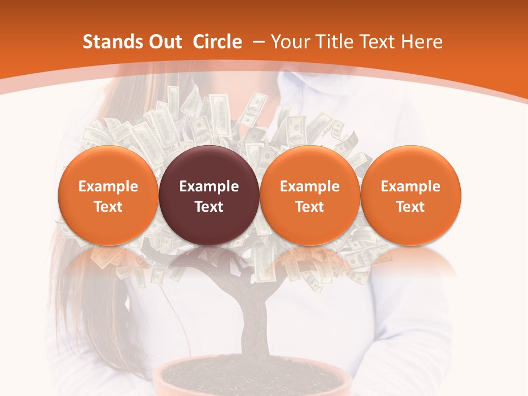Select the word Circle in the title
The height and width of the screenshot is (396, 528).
point(217,42)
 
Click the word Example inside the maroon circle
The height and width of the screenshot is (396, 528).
point(209,186)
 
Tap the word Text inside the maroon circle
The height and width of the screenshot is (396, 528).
point(209,207)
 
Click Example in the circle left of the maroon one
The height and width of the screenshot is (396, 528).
point(108,186)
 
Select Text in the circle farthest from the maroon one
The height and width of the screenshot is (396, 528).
point(410,207)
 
